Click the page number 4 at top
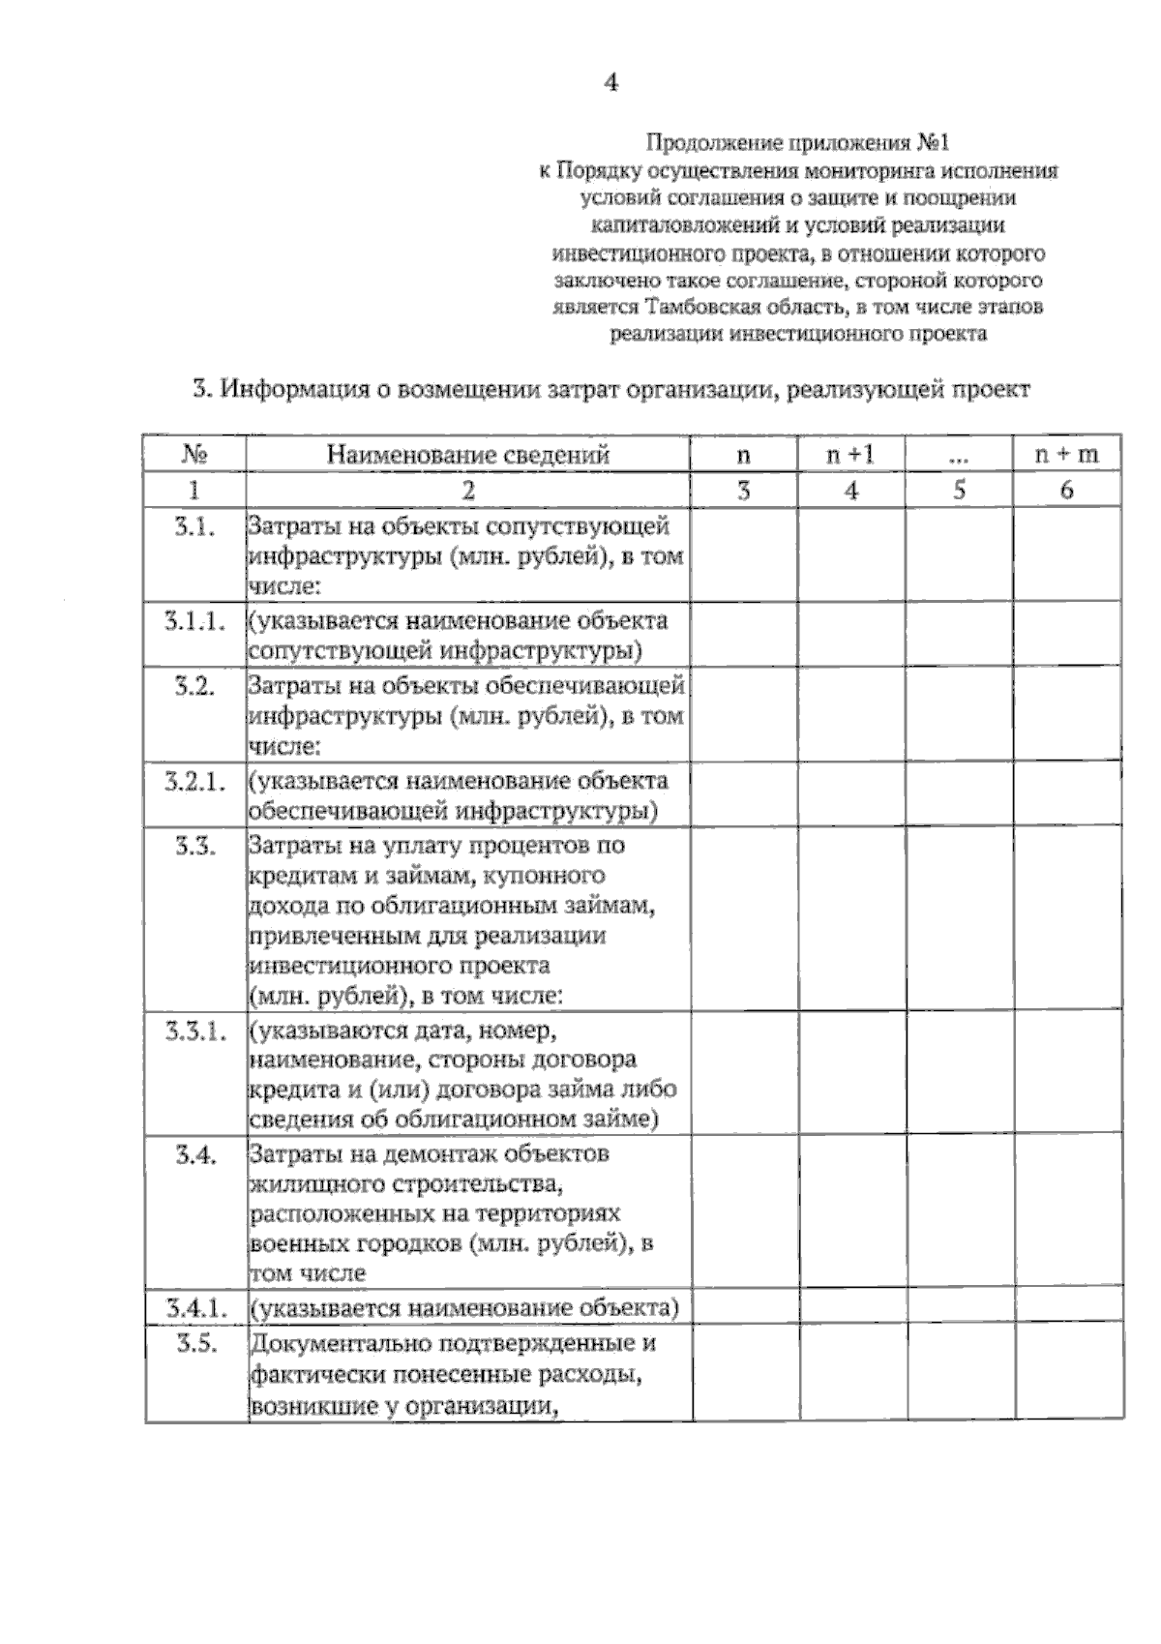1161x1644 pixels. (610, 83)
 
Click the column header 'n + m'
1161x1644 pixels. (1066, 454)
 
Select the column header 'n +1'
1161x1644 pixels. (850, 454)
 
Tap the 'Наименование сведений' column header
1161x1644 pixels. (467, 454)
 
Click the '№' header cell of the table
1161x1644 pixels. (194, 454)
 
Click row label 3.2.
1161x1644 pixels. (194, 686)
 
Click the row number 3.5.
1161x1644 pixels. (194, 1344)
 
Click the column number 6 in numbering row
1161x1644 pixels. (1066, 490)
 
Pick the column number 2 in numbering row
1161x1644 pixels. (467, 490)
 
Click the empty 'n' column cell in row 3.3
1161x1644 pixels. (743, 919)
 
